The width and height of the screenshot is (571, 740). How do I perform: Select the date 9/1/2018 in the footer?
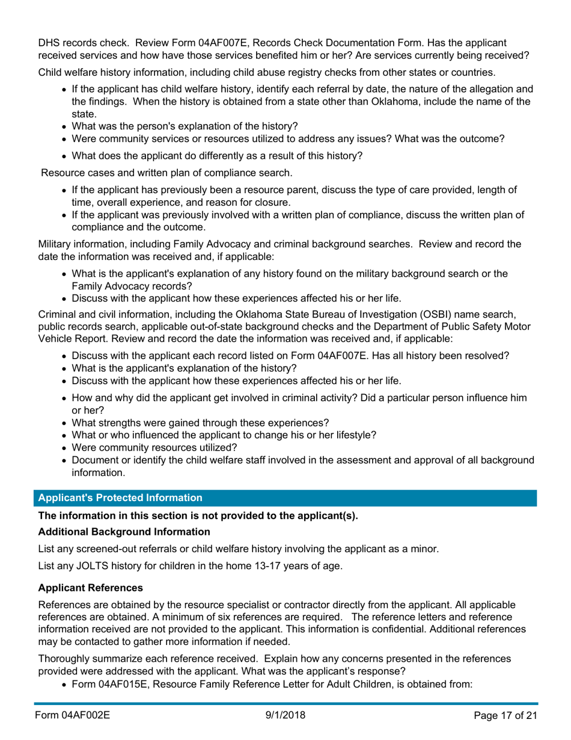(x=285, y=715)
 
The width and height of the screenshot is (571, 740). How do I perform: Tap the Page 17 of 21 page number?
(x=503, y=715)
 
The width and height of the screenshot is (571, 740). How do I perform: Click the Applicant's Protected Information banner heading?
(x=120, y=498)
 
